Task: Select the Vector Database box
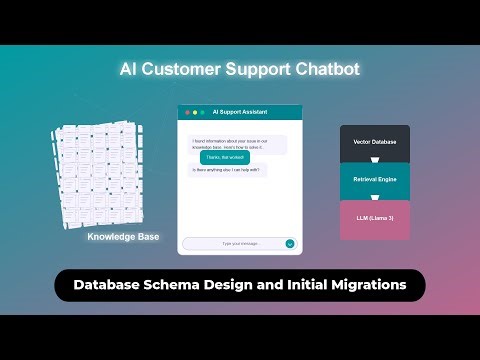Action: pyautogui.click(x=375, y=142)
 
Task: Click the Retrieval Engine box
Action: pyautogui.click(x=375, y=181)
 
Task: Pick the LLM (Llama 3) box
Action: pyautogui.click(x=375, y=219)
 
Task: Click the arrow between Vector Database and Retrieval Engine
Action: pyautogui.click(x=375, y=162)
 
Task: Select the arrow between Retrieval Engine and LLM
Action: pyautogui.click(x=375, y=201)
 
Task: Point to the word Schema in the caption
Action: pyautogui.click(x=180, y=285)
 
